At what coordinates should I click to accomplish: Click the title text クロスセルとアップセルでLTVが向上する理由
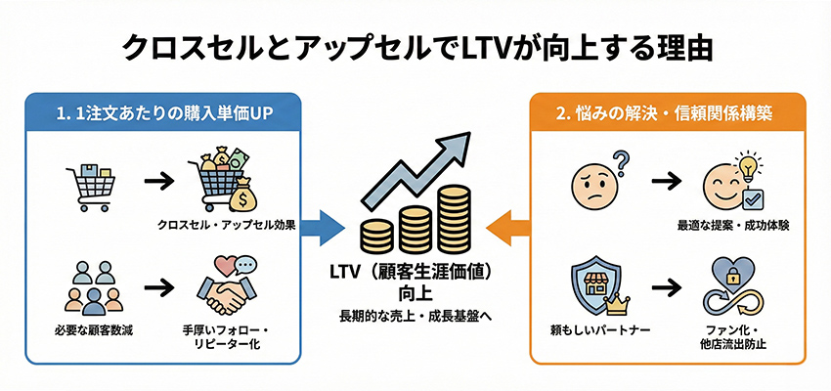[x=415, y=47]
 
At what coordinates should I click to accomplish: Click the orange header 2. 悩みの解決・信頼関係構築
[x=667, y=111]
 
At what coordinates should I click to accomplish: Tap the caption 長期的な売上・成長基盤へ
[x=415, y=316]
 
